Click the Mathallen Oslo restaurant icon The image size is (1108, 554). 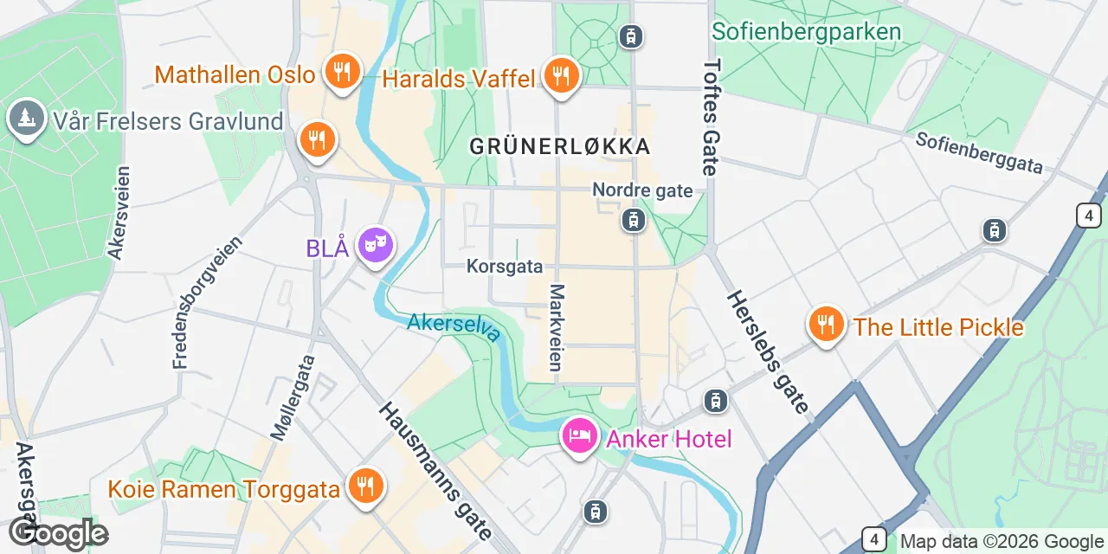coord(343,72)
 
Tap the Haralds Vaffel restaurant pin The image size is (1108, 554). coord(561,75)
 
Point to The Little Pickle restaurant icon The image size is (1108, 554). coord(826,325)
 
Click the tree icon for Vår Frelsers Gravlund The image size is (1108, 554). coord(26,119)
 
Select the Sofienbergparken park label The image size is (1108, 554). coord(806,32)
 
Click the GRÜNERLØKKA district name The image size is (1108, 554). coord(559,146)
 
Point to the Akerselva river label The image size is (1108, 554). coord(454,327)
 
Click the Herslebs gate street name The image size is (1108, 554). coord(768,351)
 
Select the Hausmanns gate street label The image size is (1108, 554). coord(435,471)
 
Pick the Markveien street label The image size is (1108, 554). coord(557,327)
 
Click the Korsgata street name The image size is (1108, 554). coord(504,266)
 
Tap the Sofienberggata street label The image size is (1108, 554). coord(979,153)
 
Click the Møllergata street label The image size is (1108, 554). coord(293,397)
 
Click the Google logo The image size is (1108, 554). coord(58,533)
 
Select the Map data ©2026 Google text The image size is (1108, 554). coord(1002,542)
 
